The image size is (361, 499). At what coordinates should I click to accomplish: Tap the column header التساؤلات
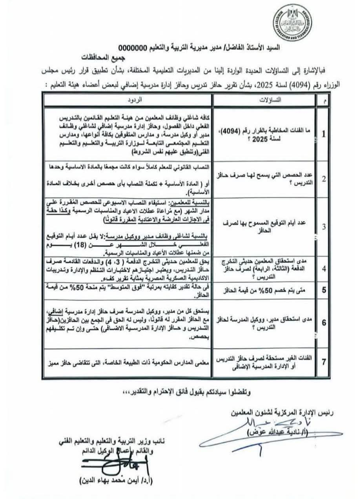[x=264, y=101]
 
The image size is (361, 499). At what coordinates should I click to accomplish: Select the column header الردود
[x=128, y=101]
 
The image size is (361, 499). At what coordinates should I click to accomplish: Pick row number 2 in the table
[x=324, y=179]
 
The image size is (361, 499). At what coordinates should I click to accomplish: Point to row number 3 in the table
[x=324, y=227]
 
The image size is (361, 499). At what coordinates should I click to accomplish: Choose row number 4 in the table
[x=324, y=269]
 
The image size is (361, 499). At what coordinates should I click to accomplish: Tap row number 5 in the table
[x=324, y=291]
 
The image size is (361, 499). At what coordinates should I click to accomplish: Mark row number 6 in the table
[x=324, y=322]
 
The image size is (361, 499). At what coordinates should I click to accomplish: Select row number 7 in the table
[x=324, y=362]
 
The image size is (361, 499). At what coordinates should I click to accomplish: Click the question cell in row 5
[x=264, y=291]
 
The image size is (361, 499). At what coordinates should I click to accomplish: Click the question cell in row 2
[x=264, y=179]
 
